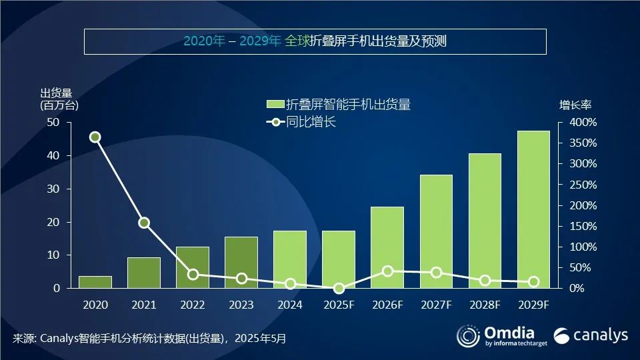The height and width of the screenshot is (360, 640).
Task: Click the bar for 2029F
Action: [x=533, y=209]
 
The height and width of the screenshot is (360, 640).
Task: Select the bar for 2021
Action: [x=144, y=273]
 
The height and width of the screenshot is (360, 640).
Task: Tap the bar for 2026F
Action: [x=387, y=247]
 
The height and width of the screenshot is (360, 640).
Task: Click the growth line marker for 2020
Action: [x=95, y=137]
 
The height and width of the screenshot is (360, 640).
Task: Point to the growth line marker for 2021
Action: [x=144, y=223]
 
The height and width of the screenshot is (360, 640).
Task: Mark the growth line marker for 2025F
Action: [x=339, y=288]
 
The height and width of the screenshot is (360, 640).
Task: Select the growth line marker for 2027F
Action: [x=436, y=272]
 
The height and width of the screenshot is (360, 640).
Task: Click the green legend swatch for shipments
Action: [x=275, y=105]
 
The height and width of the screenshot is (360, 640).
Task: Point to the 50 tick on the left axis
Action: [x=53, y=123]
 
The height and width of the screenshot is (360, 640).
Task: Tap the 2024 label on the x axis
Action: [x=290, y=305]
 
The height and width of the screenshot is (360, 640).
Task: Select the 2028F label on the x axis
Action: [x=485, y=305]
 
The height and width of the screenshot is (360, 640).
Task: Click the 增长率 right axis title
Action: [x=575, y=105]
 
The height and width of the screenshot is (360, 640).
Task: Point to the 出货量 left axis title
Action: [x=56, y=93]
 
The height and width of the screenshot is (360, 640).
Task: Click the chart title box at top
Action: [x=315, y=41]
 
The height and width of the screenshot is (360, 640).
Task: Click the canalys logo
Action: [x=591, y=335]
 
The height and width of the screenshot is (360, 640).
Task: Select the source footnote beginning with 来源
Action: [x=149, y=339]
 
